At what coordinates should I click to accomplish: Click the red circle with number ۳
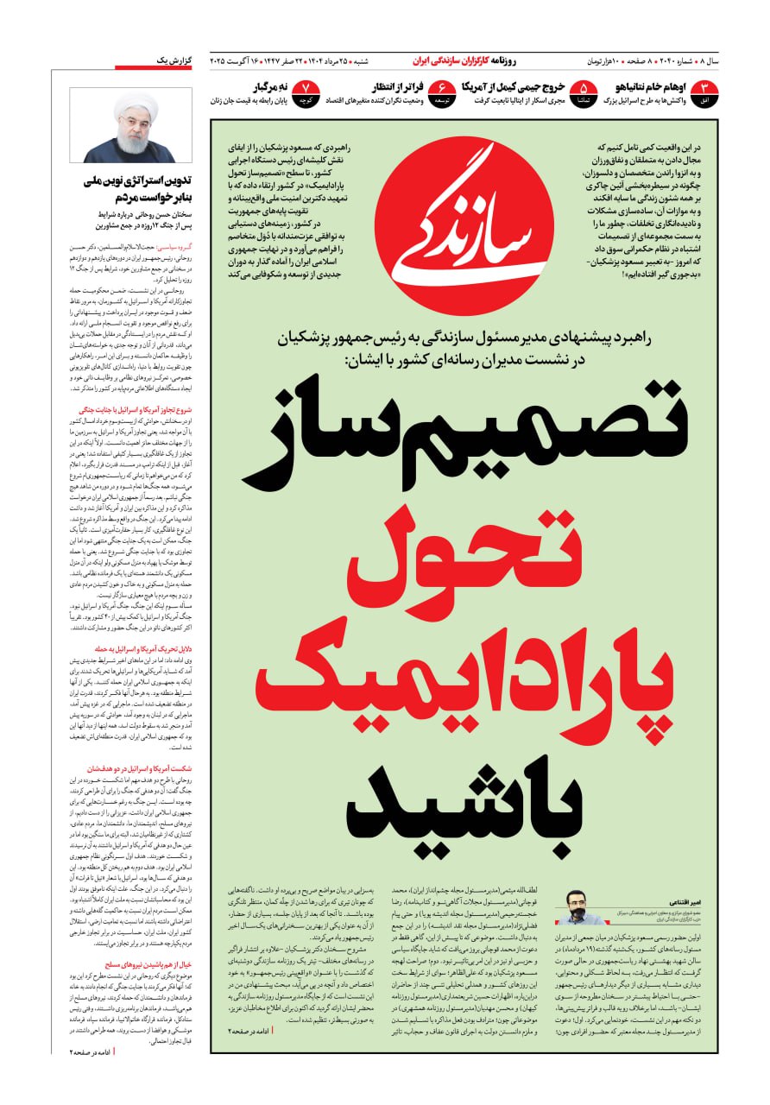pos(705,92)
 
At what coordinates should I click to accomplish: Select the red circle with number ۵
pos(584,92)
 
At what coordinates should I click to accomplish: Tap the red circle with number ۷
pos(306,92)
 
